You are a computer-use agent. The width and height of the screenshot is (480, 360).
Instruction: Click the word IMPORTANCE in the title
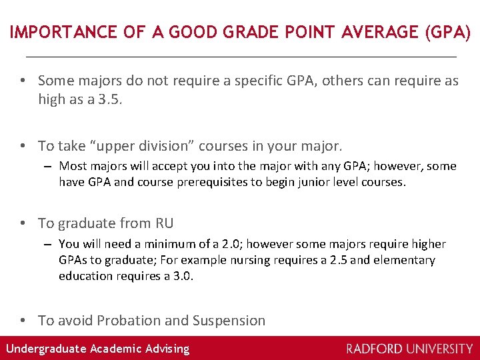53,32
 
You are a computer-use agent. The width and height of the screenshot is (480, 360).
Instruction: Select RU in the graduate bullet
164,223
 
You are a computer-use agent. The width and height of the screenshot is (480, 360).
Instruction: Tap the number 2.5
338,260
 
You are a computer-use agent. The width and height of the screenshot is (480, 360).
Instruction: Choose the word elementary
405,260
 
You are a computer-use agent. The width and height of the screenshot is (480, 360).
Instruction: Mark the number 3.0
182,276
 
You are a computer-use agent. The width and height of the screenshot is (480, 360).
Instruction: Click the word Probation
129,321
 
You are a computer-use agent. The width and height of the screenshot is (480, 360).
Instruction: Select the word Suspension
229,321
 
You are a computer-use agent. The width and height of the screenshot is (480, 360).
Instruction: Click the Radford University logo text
409,348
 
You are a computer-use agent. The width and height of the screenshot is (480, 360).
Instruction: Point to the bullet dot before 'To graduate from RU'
23,223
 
